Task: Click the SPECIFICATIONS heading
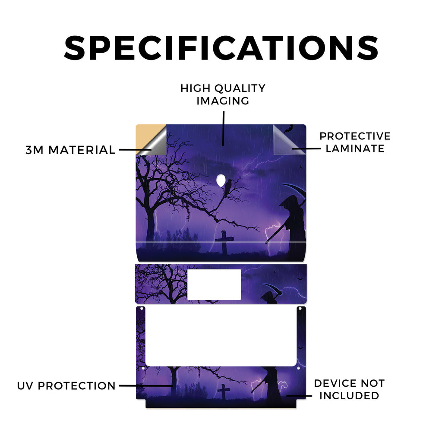point(221,48)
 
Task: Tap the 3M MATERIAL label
point(70,150)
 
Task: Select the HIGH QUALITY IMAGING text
point(223,95)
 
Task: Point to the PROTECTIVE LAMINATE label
point(355,142)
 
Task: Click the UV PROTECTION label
point(66,385)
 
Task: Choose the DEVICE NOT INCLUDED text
point(349,389)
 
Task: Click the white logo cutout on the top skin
point(221,180)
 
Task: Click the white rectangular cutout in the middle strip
point(214,284)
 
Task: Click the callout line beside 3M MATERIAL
point(135,150)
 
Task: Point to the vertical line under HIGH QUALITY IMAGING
point(224,129)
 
